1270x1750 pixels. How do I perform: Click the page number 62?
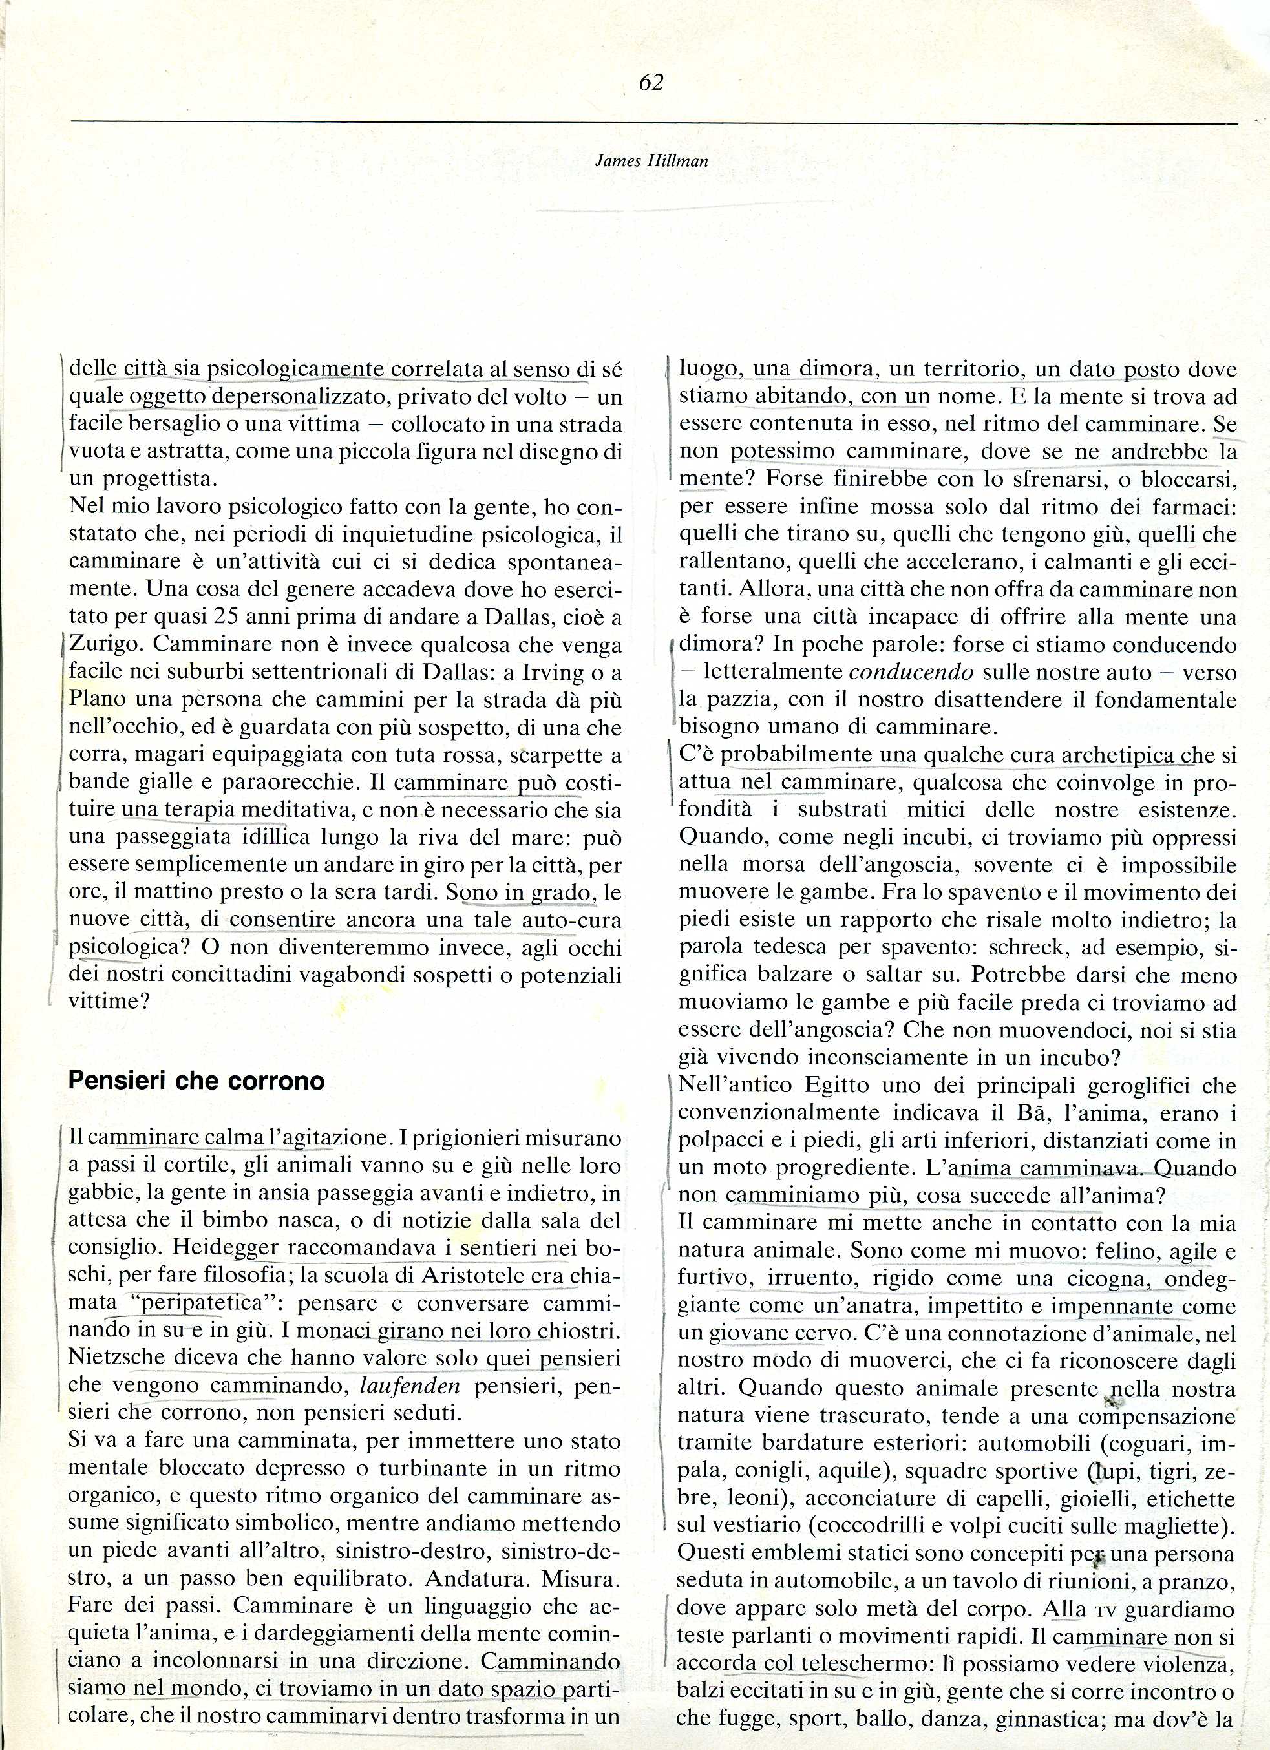pyautogui.click(x=651, y=83)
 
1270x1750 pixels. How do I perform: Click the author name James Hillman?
pyautogui.click(x=652, y=162)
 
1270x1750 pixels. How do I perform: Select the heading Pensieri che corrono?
pyautogui.click(x=196, y=1081)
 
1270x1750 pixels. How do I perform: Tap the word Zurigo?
pyautogui.click(x=103, y=644)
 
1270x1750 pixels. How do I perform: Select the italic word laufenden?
pyautogui.click(x=410, y=1384)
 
